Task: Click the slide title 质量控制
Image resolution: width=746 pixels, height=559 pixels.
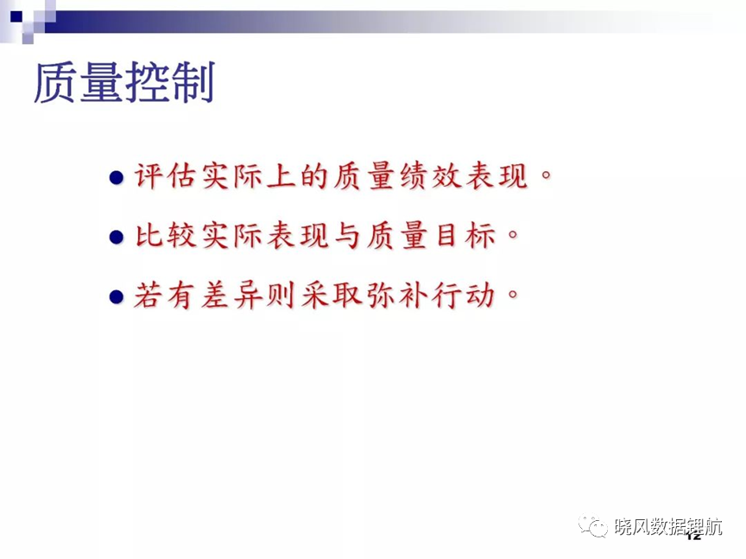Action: pyautogui.click(x=124, y=82)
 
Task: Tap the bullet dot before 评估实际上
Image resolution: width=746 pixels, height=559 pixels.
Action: pyautogui.click(x=116, y=178)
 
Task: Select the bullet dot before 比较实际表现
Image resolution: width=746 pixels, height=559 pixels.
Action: pyautogui.click(x=116, y=237)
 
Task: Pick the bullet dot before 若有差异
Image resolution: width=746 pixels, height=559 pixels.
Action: pyautogui.click(x=116, y=296)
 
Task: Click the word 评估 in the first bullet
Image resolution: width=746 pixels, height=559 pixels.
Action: pyautogui.click(x=166, y=176)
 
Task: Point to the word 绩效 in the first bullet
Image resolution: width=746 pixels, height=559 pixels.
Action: pyautogui.click(x=431, y=176)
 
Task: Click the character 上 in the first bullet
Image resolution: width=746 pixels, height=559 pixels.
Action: pyautogui.click(x=281, y=176)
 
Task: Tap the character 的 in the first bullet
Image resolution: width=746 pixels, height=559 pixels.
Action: pyautogui.click(x=314, y=176)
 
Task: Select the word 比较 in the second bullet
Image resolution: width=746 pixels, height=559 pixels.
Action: pyautogui.click(x=166, y=235)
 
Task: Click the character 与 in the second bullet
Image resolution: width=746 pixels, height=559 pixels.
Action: pyautogui.click(x=347, y=235)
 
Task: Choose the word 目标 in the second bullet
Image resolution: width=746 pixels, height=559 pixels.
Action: pyautogui.click(x=464, y=235)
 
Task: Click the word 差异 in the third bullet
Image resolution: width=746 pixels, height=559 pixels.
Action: pyautogui.click(x=231, y=295)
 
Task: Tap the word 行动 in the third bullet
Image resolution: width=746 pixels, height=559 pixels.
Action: pyautogui.click(x=464, y=295)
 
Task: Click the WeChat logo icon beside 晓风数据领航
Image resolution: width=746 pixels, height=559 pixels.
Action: pyautogui.click(x=593, y=525)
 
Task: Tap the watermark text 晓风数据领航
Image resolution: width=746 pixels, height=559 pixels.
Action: pyautogui.click(x=668, y=527)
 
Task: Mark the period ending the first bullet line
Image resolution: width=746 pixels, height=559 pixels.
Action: pyautogui.click(x=546, y=175)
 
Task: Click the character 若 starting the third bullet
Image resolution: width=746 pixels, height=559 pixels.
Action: pyautogui.click(x=149, y=295)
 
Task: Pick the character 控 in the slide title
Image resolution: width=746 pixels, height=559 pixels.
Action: pyautogui.click(x=148, y=82)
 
